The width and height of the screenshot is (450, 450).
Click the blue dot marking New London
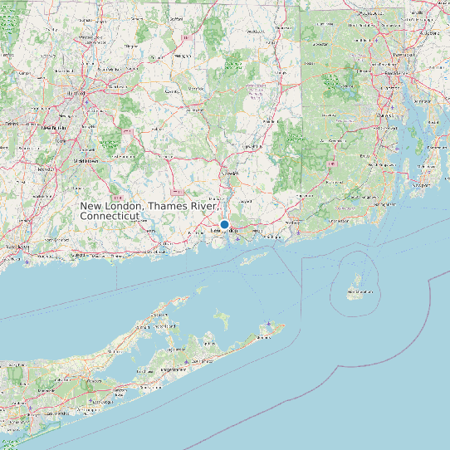click(x=224, y=224)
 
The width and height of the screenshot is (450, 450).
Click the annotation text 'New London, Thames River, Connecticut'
click(x=148, y=210)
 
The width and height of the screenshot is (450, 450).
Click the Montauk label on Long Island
click(x=264, y=336)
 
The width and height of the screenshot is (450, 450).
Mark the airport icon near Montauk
click(x=270, y=324)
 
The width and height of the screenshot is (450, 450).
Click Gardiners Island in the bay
click(x=221, y=318)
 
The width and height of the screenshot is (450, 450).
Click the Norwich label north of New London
click(x=230, y=173)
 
